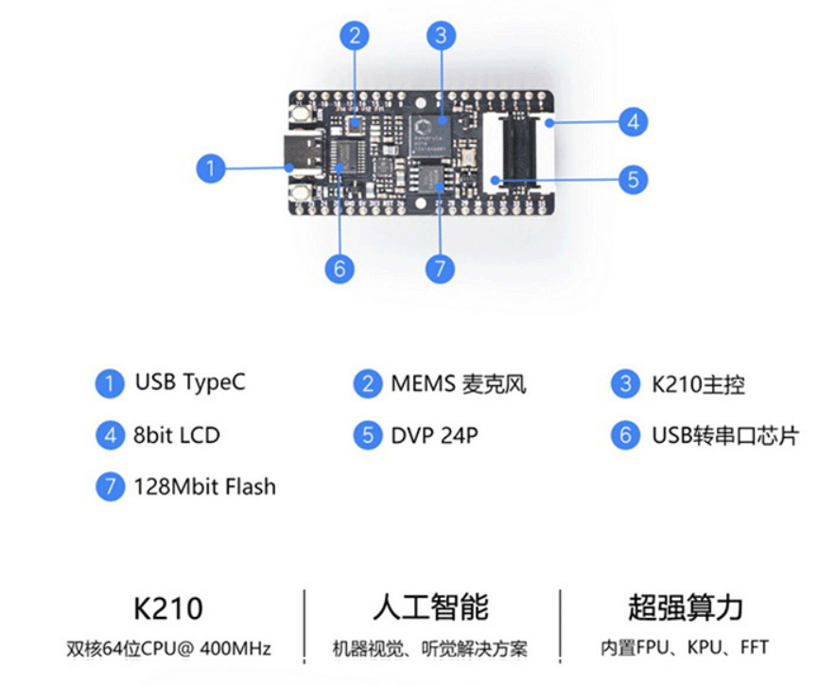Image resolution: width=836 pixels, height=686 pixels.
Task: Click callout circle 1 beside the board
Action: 210,169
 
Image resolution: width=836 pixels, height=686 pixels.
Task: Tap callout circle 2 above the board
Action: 355,36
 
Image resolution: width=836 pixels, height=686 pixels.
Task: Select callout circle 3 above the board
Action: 440,36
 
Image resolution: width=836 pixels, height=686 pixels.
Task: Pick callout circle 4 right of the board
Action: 633,121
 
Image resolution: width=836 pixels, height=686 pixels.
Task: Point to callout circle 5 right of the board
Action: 633,179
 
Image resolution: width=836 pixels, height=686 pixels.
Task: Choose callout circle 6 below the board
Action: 340,269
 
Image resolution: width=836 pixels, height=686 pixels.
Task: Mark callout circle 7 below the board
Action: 440,269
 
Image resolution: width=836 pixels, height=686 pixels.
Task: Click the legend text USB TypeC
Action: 189,383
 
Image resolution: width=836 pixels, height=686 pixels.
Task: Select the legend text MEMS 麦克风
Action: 458,384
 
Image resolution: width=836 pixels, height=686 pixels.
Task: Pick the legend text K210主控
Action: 698,384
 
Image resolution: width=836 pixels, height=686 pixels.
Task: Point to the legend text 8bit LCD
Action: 176,435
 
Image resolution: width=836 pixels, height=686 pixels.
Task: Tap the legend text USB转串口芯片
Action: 724,435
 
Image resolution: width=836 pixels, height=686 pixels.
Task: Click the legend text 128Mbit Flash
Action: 204,487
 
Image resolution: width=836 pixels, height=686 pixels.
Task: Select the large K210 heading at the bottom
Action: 169,607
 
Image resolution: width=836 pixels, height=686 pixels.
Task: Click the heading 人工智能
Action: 430,607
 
